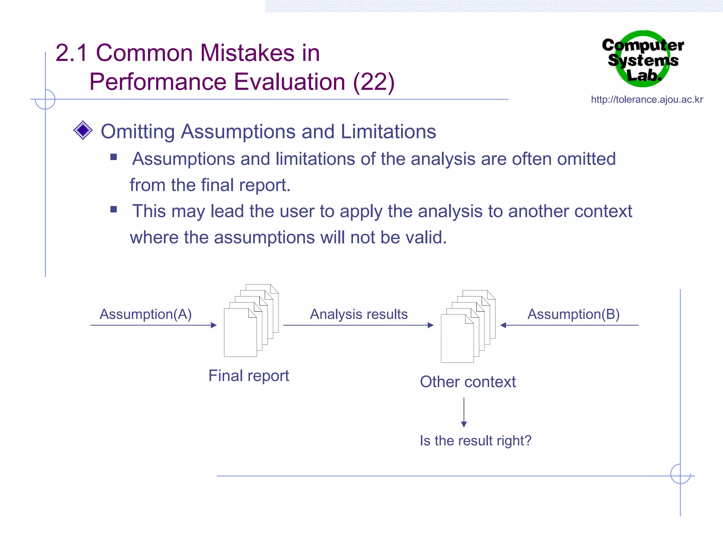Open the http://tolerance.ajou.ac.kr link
(647, 100)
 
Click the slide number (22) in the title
(374, 82)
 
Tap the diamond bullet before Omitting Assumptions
(83, 130)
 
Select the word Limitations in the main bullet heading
(388, 132)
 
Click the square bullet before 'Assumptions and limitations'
(113, 157)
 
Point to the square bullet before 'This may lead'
(113, 209)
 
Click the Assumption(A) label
(145, 314)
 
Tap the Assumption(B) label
(573, 314)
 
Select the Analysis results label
(359, 314)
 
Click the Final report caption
(249, 375)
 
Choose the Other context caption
(468, 382)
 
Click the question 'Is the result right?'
(476, 441)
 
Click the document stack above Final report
(251, 320)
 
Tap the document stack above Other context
(468, 326)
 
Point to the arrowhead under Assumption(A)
(214, 325)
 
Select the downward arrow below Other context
(464, 413)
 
